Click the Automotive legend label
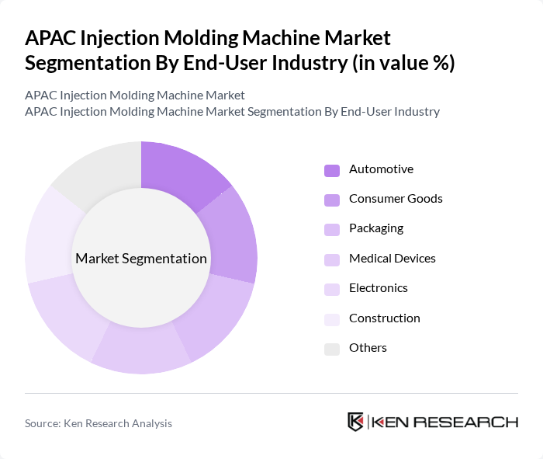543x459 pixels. [381, 169]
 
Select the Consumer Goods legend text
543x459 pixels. [396, 199]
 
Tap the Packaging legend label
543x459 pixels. [375, 228]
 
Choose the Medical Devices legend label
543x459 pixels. [392, 259]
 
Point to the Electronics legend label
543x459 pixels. [378, 288]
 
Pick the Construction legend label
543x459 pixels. [384, 318]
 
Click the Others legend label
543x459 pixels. [368, 348]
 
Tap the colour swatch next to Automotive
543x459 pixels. [332, 170]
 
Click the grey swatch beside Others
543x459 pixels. [332, 349]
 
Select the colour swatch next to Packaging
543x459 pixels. [332, 229]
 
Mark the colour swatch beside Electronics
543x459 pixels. [332, 289]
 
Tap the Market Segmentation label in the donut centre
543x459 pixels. [141, 259]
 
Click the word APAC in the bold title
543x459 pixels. [50, 38]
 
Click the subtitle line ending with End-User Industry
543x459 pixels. [232, 112]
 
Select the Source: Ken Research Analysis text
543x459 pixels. [99, 423]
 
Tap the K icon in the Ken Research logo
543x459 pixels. [355, 422]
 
